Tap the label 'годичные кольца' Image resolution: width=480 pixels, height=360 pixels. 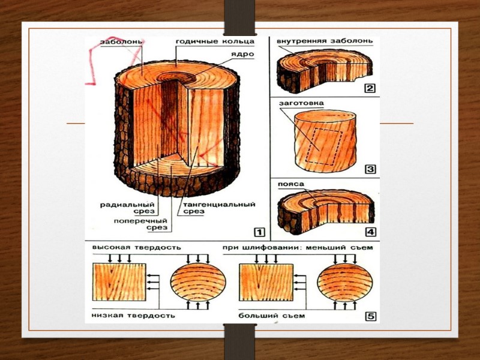coord(215,41)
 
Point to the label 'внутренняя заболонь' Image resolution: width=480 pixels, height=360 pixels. coord(325,41)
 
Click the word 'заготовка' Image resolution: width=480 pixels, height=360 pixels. coord(301,103)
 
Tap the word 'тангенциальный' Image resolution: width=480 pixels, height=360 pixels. coord(219,204)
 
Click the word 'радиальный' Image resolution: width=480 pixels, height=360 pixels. coord(127,205)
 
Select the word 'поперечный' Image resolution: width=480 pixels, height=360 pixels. coord(140,221)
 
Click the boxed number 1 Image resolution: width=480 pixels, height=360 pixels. coord(259,232)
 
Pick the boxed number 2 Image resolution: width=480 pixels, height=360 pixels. coord(370,88)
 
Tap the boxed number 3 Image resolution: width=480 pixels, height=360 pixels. coord(370,169)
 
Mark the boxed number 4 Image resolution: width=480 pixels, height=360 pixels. coord(370,232)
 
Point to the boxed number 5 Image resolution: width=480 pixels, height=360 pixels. coord(370,316)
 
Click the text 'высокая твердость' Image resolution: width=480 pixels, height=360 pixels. coord(137,247)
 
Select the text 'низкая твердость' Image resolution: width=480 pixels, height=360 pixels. coord(133,316)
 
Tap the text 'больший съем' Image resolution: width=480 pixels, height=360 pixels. coord(272,316)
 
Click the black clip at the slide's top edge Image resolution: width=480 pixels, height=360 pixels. coord(239,17)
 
